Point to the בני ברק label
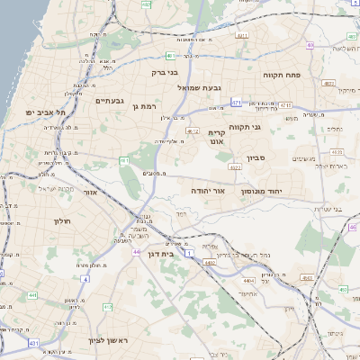point(162,72)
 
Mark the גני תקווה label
point(245,127)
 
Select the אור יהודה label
point(211,191)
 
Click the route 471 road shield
point(235,103)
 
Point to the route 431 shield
point(33,343)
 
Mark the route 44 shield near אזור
point(136,251)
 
